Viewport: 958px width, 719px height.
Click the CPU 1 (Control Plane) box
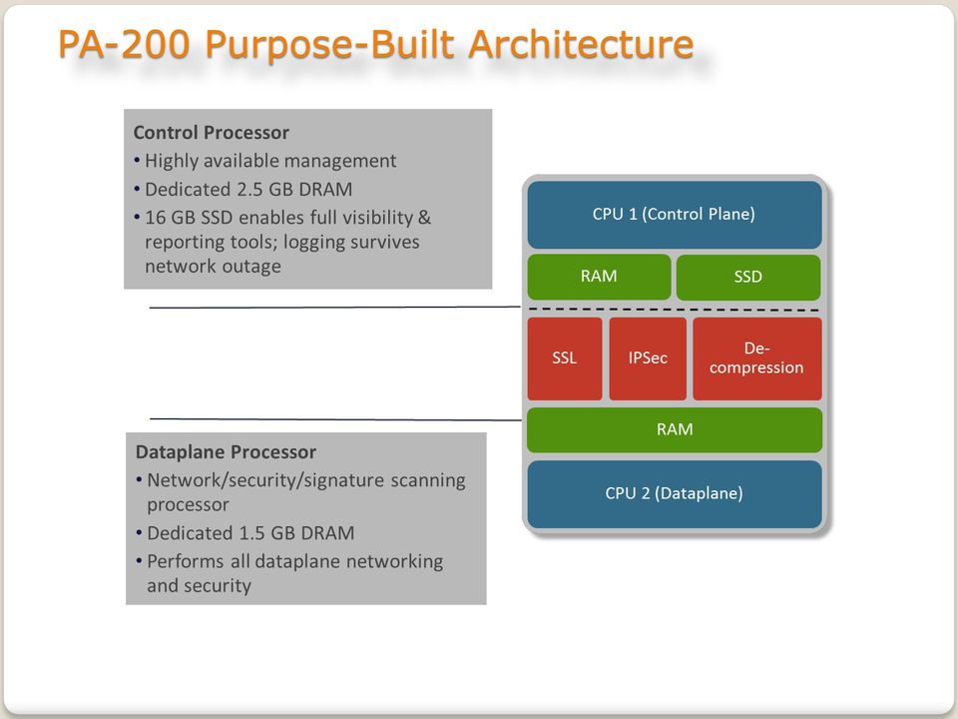[675, 215]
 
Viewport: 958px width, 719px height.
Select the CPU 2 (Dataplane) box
[675, 494]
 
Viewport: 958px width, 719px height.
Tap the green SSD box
[748, 277]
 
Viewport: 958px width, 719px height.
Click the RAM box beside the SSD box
[599, 277]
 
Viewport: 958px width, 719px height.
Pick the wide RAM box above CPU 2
[675, 429]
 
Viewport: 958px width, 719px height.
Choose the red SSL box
[565, 359]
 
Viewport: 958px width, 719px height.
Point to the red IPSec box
[648, 359]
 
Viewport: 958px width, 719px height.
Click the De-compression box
[757, 359]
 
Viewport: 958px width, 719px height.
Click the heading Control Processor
[212, 133]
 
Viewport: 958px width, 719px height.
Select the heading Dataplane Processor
[227, 451]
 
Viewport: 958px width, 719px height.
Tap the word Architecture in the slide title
[581, 45]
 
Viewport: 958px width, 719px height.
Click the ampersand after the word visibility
[425, 218]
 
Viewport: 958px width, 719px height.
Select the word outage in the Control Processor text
[251, 267]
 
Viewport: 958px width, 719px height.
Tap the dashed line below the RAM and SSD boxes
[675, 310]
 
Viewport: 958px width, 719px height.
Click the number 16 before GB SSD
[156, 218]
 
